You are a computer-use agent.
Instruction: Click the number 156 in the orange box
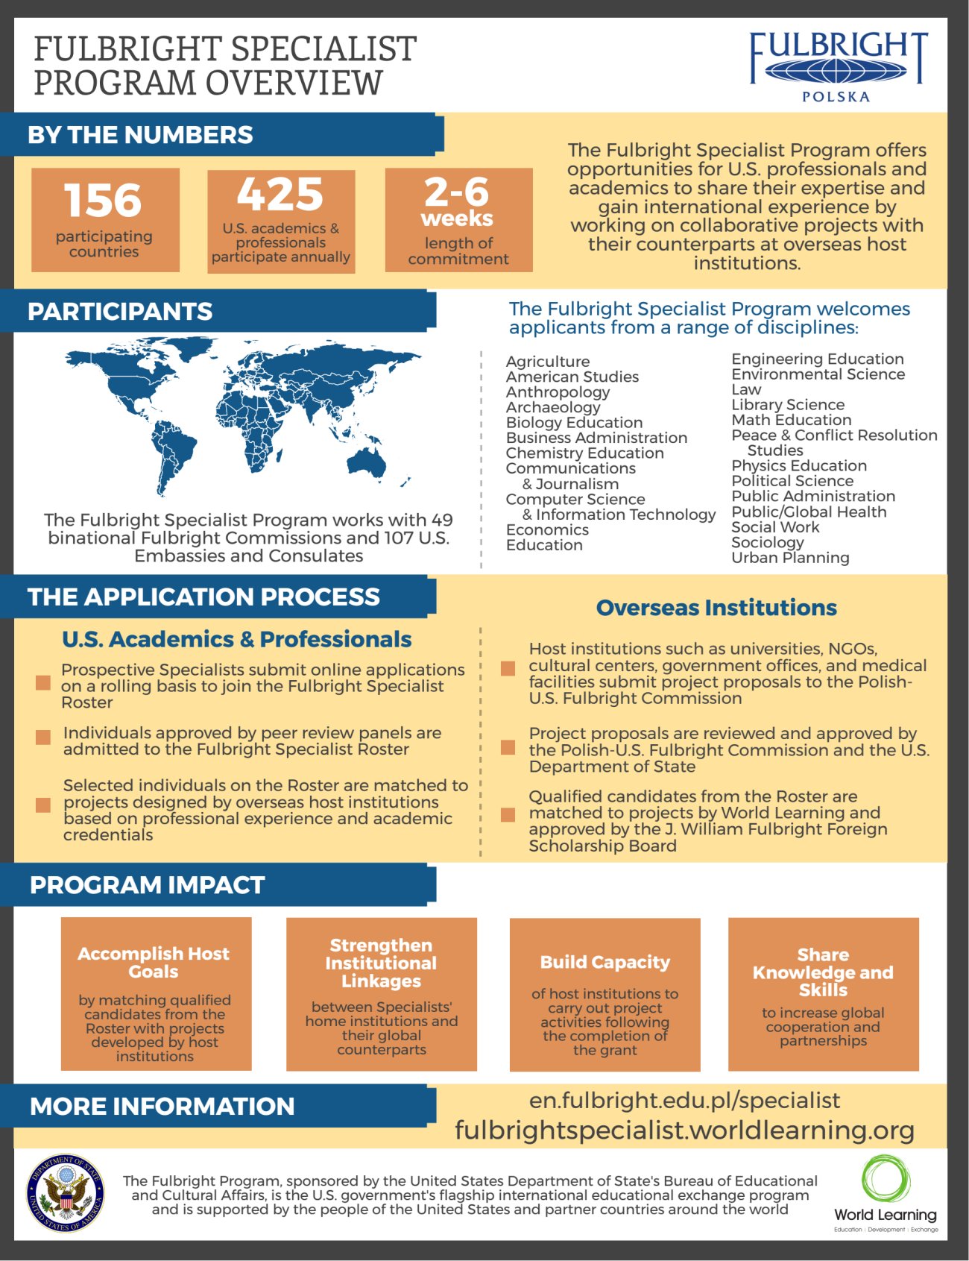click(x=103, y=200)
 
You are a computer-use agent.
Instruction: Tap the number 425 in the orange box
click(x=280, y=195)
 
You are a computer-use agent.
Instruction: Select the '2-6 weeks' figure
click(x=457, y=201)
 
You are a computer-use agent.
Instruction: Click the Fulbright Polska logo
click(x=837, y=66)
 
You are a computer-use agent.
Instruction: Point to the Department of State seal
click(x=66, y=1193)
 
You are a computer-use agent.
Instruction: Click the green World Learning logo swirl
click(x=886, y=1180)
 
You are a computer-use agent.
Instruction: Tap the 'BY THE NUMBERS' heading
click(x=140, y=135)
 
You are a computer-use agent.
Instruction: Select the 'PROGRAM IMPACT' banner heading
click(x=147, y=885)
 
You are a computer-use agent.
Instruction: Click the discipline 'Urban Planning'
click(x=790, y=558)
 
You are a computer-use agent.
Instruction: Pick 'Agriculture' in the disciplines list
click(x=548, y=362)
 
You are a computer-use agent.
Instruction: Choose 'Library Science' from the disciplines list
click(x=788, y=405)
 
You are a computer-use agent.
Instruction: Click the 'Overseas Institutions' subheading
click(x=716, y=608)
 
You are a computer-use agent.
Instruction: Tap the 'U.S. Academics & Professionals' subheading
click(x=237, y=639)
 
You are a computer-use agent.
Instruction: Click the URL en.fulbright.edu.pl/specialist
click(x=684, y=1101)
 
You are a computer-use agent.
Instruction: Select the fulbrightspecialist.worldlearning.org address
click(x=684, y=1131)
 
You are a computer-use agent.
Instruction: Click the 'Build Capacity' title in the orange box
click(x=605, y=963)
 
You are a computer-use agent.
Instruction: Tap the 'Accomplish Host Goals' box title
click(x=154, y=963)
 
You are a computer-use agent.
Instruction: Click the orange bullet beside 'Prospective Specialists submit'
click(x=43, y=683)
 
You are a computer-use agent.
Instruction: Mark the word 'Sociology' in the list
click(x=767, y=543)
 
